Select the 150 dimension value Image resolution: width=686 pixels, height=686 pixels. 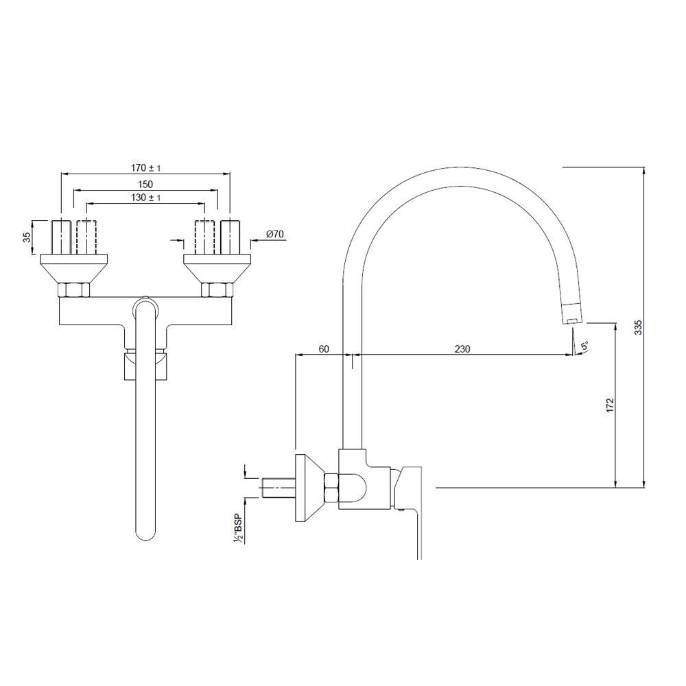tap(145, 184)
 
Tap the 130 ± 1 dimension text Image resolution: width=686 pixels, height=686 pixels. tap(145, 198)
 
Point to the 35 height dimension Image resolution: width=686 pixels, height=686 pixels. tap(26, 237)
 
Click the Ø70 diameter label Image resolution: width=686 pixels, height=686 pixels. tap(274, 235)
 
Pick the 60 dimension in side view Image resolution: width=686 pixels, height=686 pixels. tap(324, 348)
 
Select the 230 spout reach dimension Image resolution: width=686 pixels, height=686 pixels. tap(462, 348)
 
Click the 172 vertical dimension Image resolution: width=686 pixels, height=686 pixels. tap(611, 405)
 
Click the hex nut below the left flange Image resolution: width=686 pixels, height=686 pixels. tap(73, 290)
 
